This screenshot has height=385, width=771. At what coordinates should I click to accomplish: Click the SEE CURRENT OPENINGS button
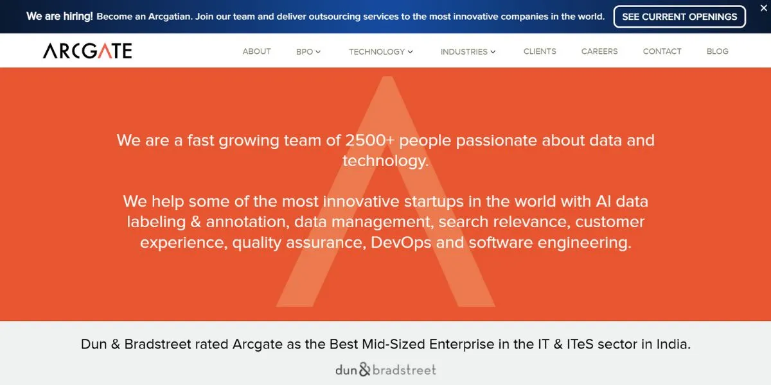pos(679,17)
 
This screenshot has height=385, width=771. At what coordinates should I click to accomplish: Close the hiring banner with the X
pos(763,6)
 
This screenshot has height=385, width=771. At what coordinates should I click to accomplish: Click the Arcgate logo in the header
pos(87,51)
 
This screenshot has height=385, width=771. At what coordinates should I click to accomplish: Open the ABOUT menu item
pos(256,51)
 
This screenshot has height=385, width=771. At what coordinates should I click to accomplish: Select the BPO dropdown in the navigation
pos(308,51)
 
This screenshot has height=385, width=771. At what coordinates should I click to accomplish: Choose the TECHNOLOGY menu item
pos(380,51)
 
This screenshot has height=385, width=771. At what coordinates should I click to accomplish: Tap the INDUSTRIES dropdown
pos(468,51)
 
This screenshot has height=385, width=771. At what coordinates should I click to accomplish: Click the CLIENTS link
pos(540,51)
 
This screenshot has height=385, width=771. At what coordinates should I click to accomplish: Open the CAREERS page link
pos(599,51)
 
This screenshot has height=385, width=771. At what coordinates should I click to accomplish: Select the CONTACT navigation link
pos(662,51)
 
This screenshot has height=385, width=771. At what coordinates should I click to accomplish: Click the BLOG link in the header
pos(717,51)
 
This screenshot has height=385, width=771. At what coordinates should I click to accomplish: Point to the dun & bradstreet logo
pos(385,370)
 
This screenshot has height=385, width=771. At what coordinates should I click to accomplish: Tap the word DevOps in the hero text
pos(401,243)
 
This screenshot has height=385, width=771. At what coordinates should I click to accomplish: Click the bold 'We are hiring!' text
pos(60,17)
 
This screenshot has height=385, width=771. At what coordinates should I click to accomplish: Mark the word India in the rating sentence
pos(672,344)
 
